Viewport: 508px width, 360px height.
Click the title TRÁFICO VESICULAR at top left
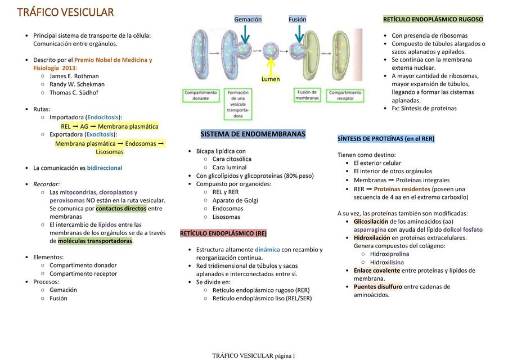click(x=65, y=12)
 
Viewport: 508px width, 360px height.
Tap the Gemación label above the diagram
click(x=248, y=20)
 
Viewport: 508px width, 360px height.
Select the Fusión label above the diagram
click(x=298, y=20)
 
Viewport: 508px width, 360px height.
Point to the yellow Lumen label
click(x=271, y=79)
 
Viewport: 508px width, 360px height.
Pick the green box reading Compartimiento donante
click(x=201, y=96)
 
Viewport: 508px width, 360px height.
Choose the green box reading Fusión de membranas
click(x=307, y=95)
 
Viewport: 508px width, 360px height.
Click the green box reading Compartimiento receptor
click(x=345, y=96)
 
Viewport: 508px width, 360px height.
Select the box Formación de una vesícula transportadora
click(x=238, y=104)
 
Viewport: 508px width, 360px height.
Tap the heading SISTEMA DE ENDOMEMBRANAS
click(x=253, y=134)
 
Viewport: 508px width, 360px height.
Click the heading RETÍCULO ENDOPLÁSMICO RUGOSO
click(x=433, y=20)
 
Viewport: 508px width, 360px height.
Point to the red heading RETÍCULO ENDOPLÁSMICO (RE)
click(x=223, y=233)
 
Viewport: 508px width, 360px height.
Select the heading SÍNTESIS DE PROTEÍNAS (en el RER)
click(x=386, y=139)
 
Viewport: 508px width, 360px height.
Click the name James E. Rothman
click(x=74, y=76)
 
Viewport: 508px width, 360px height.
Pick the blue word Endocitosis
click(x=103, y=118)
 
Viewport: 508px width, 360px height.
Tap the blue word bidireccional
click(x=105, y=168)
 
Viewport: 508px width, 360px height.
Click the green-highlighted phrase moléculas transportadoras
click(x=95, y=241)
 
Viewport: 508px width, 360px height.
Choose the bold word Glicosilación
click(x=371, y=222)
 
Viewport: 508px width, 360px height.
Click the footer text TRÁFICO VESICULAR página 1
click(x=253, y=356)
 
